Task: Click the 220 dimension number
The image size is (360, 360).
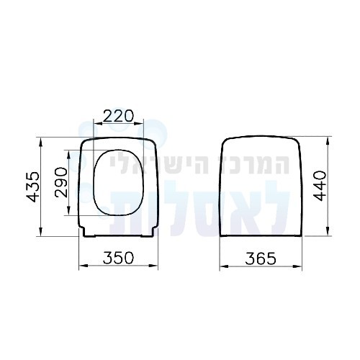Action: pyautogui.click(x=118, y=116)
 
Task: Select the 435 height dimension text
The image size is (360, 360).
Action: pyautogui.click(x=32, y=186)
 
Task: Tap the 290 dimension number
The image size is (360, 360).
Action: pyautogui.click(x=61, y=182)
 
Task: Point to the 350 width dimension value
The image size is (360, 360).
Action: pyautogui.click(x=118, y=258)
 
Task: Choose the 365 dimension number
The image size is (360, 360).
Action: pyautogui.click(x=261, y=258)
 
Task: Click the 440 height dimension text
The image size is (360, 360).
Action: pyautogui.click(x=320, y=186)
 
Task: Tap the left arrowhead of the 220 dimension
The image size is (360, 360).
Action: pyautogui.click(x=98, y=123)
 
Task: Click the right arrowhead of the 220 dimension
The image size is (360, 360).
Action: pyautogui.click(x=139, y=123)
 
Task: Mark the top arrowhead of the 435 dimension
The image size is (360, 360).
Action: pyautogui.click(x=41, y=142)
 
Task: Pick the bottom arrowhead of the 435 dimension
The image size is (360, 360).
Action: pyautogui.click(x=41, y=231)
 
